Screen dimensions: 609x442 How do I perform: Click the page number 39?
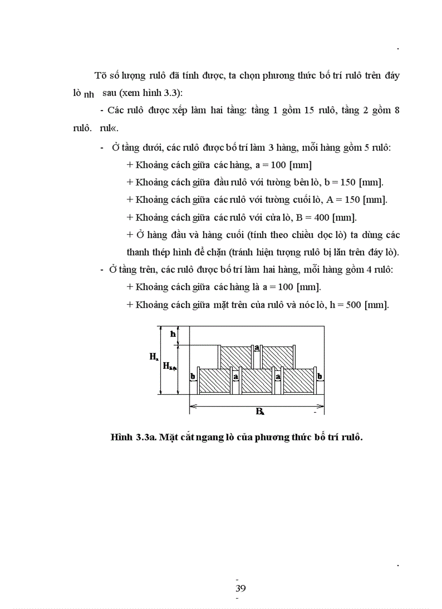pos(240,588)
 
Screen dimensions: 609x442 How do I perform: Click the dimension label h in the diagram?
pos(173,334)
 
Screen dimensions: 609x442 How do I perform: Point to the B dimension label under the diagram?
pos(259,412)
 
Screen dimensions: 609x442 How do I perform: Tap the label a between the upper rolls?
pos(257,347)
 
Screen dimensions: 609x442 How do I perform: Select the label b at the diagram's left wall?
pos(192,375)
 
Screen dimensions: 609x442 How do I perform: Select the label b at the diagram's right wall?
pos(320,375)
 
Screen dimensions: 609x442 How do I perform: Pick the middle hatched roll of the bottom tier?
pos(257,381)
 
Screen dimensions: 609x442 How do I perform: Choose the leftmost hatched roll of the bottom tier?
pos(215,381)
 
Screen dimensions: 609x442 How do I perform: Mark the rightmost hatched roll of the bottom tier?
pos(298,381)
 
